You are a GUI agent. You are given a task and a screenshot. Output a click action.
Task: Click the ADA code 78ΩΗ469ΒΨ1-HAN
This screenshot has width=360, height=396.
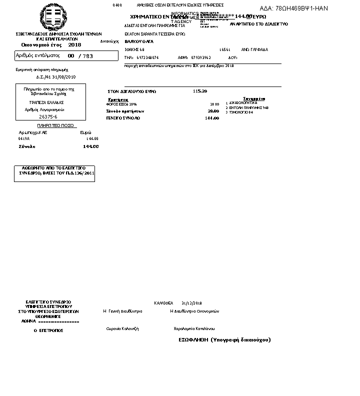click(x=294, y=8)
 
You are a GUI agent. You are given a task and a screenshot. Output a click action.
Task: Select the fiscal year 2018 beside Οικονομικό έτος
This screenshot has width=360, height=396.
click(x=74, y=45)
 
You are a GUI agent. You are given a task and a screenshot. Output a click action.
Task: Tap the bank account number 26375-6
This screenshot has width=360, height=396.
click(x=48, y=116)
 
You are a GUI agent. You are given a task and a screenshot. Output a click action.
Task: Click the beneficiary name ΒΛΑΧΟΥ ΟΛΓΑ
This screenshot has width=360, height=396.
click(x=139, y=41)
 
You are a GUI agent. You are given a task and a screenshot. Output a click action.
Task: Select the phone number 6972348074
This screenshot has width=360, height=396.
click(x=147, y=58)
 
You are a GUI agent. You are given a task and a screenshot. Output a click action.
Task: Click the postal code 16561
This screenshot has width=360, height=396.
click(x=224, y=50)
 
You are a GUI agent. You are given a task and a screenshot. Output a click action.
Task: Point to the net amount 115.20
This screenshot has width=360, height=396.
click(x=200, y=91)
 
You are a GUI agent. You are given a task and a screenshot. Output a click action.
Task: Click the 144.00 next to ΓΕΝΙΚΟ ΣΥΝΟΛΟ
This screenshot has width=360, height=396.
click(x=212, y=118)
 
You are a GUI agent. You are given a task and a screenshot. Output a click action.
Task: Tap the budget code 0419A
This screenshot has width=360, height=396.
click(x=24, y=138)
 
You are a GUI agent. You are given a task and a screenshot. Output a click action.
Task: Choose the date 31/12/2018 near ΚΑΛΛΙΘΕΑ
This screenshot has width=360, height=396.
click(x=191, y=303)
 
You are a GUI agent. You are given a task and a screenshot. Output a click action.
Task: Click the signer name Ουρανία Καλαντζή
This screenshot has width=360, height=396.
click(x=122, y=328)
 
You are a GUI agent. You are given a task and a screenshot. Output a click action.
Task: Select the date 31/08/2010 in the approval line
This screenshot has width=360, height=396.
click(x=63, y=77)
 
